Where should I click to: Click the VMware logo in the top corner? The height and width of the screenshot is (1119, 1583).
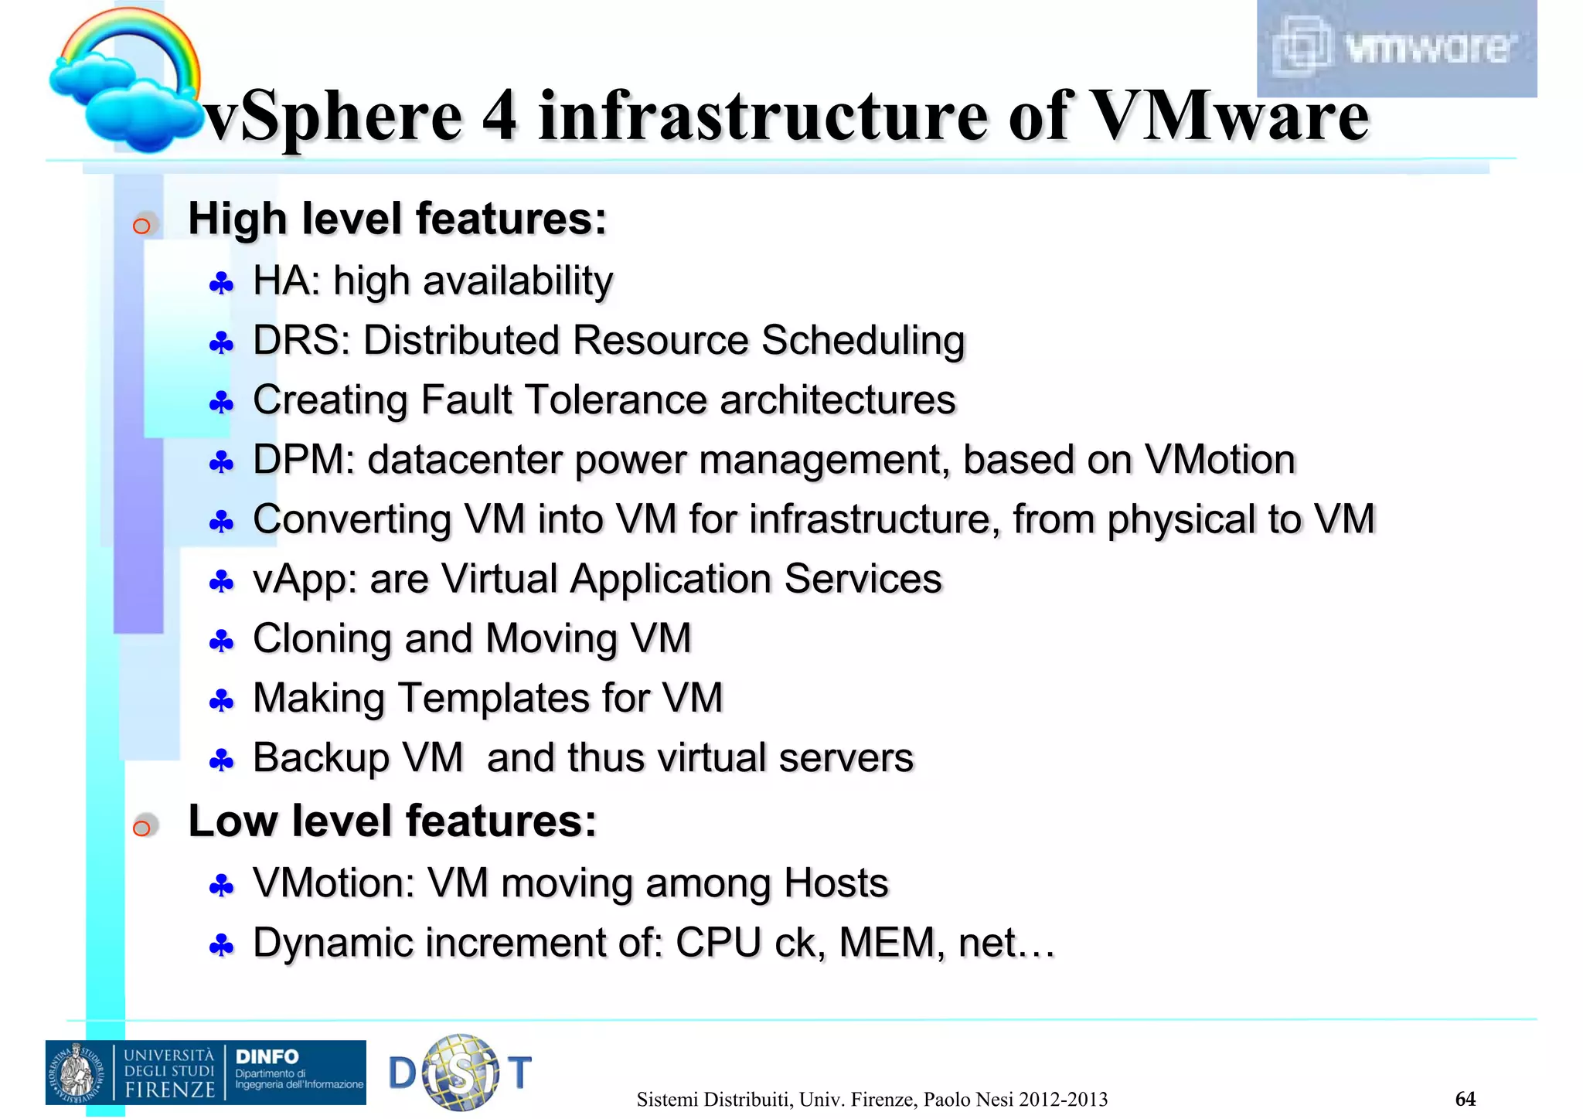[1396, 48]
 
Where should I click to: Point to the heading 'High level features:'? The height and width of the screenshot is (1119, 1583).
[397, 219]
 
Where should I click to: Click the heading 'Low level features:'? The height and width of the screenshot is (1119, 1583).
[393, 821]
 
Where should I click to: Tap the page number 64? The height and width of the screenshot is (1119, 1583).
[1465, 1099]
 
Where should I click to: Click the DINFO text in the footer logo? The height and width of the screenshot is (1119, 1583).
[267, 1056]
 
